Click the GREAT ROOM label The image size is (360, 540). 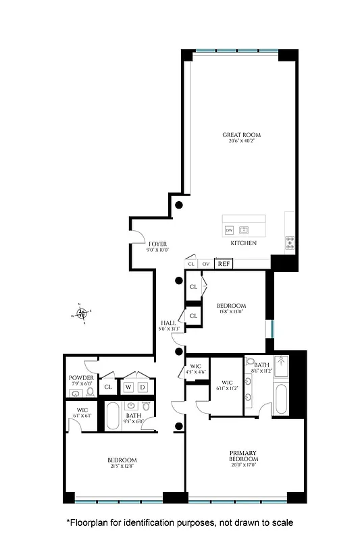242,135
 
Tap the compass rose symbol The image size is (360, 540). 82,313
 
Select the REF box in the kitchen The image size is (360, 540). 224,264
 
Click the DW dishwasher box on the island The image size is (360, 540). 229,230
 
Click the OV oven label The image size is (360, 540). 206,264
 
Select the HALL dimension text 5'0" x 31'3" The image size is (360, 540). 168,329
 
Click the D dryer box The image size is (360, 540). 143,387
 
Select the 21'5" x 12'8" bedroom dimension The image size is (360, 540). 123,466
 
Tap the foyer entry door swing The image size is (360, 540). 136,237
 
